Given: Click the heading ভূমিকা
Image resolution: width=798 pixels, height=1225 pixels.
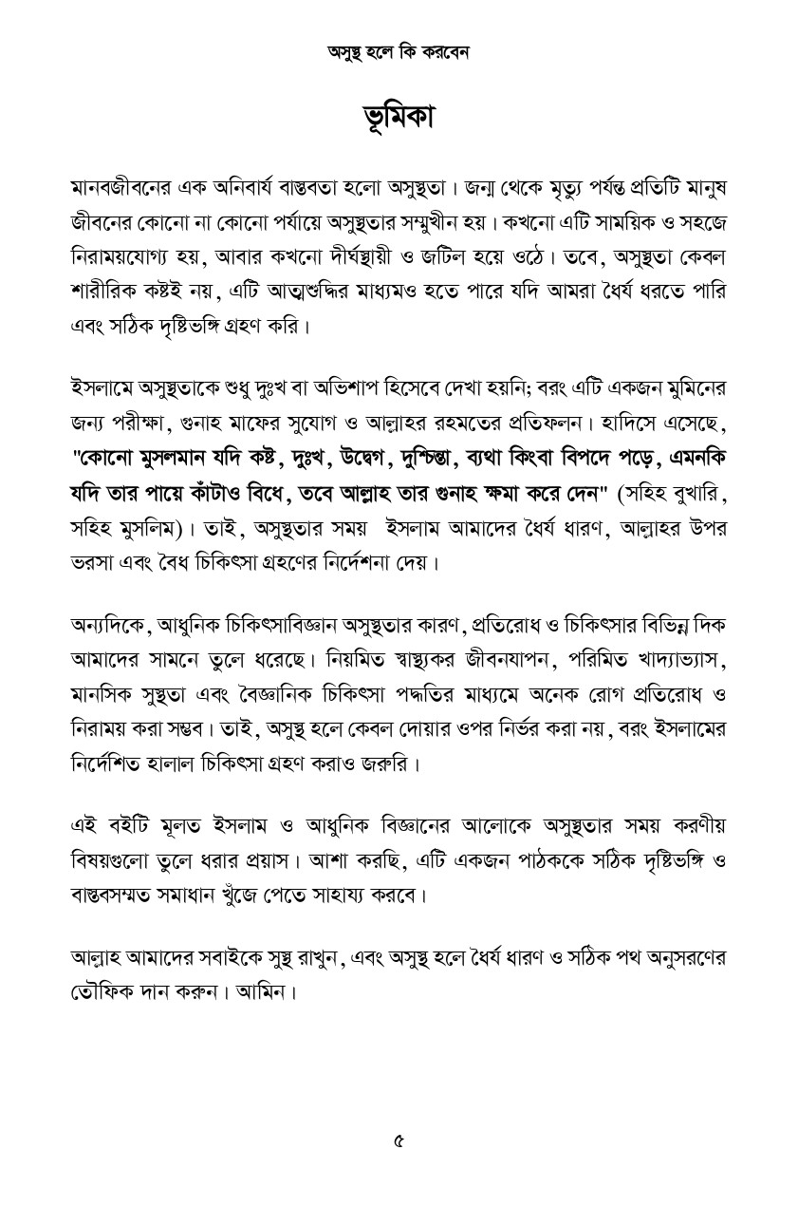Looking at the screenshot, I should (x=399, y=118).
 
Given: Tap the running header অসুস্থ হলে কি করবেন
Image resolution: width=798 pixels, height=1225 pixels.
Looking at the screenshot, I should (x=399, y=52).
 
